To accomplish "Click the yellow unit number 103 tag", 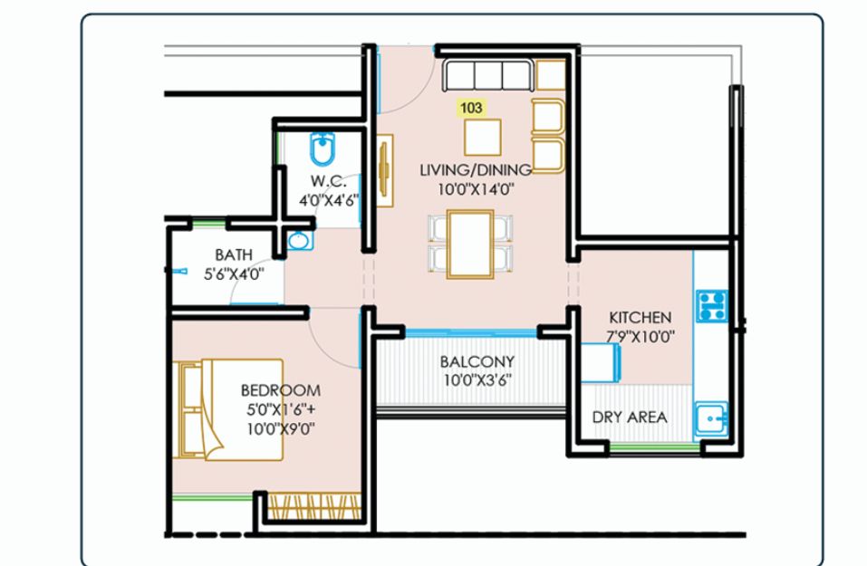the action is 470,107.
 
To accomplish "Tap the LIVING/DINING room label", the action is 476,169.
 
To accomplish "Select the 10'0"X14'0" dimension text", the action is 476,189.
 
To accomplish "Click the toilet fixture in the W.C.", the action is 323,149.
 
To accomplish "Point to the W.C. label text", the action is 329,181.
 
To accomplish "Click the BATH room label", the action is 234,254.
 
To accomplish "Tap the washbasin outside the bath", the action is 299,241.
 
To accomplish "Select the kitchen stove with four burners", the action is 711,306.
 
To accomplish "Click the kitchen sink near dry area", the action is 711,419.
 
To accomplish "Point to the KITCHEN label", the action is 641,317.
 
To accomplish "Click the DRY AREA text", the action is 630,417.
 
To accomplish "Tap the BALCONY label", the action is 477,361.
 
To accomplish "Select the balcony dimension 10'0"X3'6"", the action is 477,380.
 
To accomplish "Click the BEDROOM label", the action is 280,390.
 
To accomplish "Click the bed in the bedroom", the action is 227,409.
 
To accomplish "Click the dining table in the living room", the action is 470,244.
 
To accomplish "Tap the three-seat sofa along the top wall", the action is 488,76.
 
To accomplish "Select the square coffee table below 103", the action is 483,137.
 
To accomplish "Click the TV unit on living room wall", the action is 385,170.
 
